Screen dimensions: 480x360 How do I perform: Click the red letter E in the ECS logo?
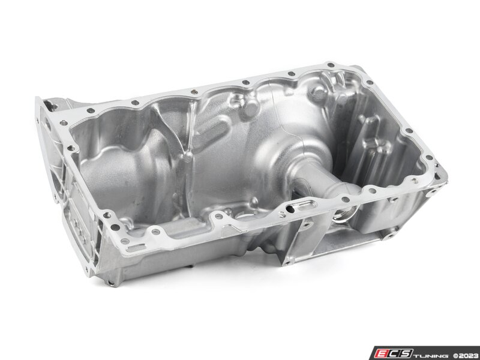(382, 353)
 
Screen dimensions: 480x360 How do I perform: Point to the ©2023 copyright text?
(466, 355)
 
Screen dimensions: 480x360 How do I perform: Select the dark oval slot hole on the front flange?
(290, 209)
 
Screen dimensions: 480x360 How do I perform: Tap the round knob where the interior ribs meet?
(188, 157)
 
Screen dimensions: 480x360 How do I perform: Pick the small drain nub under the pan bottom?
(191, 266)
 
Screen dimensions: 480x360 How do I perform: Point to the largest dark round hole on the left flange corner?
(115, 227)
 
